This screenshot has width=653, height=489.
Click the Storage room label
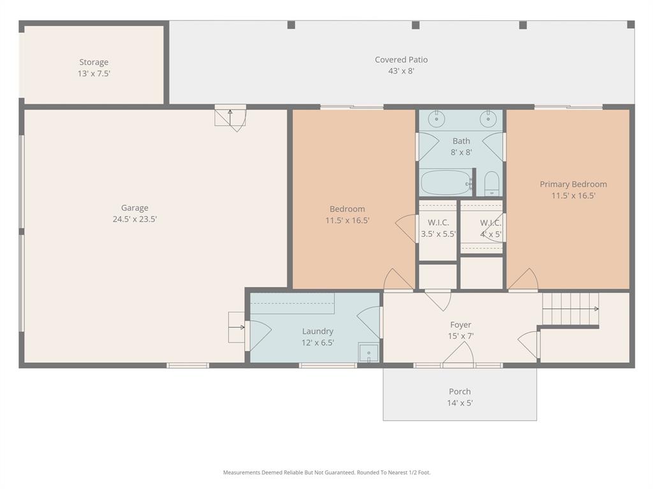pos(94,62)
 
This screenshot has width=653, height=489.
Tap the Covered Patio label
pos(401,60)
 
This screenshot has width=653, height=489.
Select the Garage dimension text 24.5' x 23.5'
pos(135,219)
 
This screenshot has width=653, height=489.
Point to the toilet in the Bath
pos(492,183)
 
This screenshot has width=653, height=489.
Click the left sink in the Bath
pos(437,118)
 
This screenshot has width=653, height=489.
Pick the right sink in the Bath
pos(488,118)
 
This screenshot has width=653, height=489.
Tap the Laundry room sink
pos(368,352)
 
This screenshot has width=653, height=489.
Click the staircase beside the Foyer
pos(570,309)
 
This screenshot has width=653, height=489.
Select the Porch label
pos(460,392)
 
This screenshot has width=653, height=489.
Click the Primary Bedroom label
pos(573,185)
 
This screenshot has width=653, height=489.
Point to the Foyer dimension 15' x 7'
pos(460,336)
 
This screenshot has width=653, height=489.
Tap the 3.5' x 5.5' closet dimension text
pos(438,234)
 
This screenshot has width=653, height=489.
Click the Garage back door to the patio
pos(231,118)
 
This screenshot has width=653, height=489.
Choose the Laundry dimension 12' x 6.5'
pos(318,343)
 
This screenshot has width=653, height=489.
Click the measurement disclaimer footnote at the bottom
pos(326,472)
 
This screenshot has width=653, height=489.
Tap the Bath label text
pos(461,141)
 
